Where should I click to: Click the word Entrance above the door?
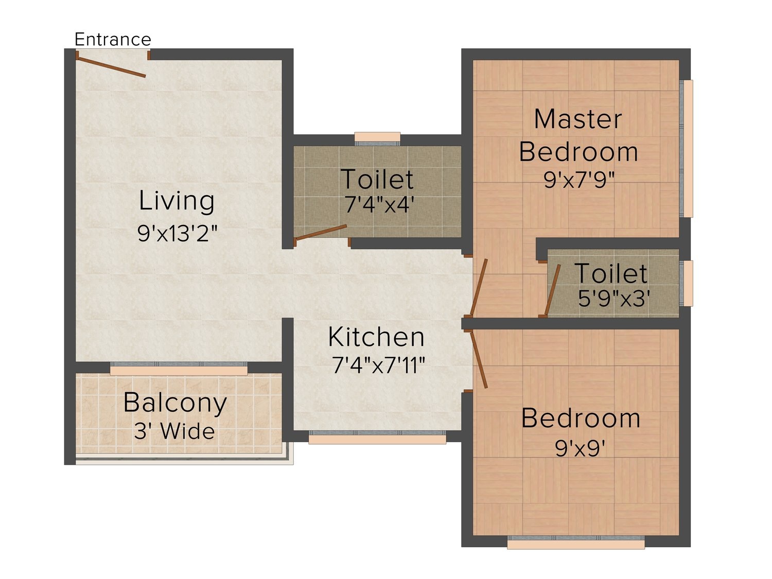pyautogui.click(x=113, y=40)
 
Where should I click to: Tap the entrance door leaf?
pyautogui.click(x=111, y=67)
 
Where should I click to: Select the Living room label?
pyautogui.click(x=177, y=201)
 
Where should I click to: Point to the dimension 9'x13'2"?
pyautogui.click(x=178, y=233)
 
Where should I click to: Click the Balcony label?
pyautogui.click(x=175, y=403)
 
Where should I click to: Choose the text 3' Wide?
pyautogui.click(x=174, y=431)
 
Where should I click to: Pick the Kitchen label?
pyautogui.click(x=376, y=337)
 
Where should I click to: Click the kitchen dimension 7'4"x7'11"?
pyautogui.click(x=379, y=365)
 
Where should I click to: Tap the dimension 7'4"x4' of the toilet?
pyautogui.click(x=377, y=204)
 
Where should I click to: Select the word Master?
pyautogui.click(x=578, y=119)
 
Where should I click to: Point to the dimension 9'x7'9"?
pyautogui.click(x=579, y=180)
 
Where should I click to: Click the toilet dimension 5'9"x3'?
pyautogui.click(x=613, y=299)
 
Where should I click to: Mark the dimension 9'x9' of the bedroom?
pyautogui.click(x=581, y=448)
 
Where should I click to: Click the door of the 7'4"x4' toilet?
pyautogui.click(x=321, y=233)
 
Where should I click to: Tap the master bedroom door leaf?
pyautogui.click(x=479, y=287)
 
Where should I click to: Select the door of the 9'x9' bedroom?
pyautogui.click(x=479, y=359)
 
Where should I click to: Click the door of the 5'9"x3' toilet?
pyautogui.click(x=552, y=290)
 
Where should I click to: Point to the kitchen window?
pyautogui.click(x=377, y=437)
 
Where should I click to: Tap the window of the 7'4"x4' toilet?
pyautogui.click(x=377, y=139)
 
